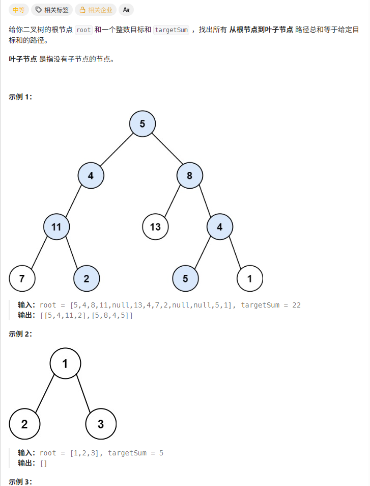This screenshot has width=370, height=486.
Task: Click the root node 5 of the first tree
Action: [143, 123]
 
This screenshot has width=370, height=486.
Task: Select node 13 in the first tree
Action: [155, 226]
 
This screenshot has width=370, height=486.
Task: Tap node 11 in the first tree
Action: [56, 226]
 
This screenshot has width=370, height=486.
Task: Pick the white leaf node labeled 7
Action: [22, 278]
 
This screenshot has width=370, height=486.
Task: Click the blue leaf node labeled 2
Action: [87, 278]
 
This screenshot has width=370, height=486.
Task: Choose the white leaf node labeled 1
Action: [250, 278]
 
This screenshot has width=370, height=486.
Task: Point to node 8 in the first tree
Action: [190, 175]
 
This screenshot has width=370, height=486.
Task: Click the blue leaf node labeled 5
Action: [185, 278]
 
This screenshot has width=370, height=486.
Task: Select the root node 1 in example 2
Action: [65, 364]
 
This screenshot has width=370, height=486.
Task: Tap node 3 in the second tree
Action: [101, 424]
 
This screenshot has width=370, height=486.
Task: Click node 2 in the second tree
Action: [24, 424]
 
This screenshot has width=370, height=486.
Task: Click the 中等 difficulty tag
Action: [18, 10]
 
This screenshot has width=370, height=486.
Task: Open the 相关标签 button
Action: [51, 10]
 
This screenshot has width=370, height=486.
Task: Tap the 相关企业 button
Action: [96, 10]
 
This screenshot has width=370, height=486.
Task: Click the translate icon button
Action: [126, 10]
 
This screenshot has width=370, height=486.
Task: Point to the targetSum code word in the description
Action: [171, 30]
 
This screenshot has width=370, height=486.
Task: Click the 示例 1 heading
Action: [20, 97]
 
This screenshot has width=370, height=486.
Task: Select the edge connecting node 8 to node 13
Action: [173, 201]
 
